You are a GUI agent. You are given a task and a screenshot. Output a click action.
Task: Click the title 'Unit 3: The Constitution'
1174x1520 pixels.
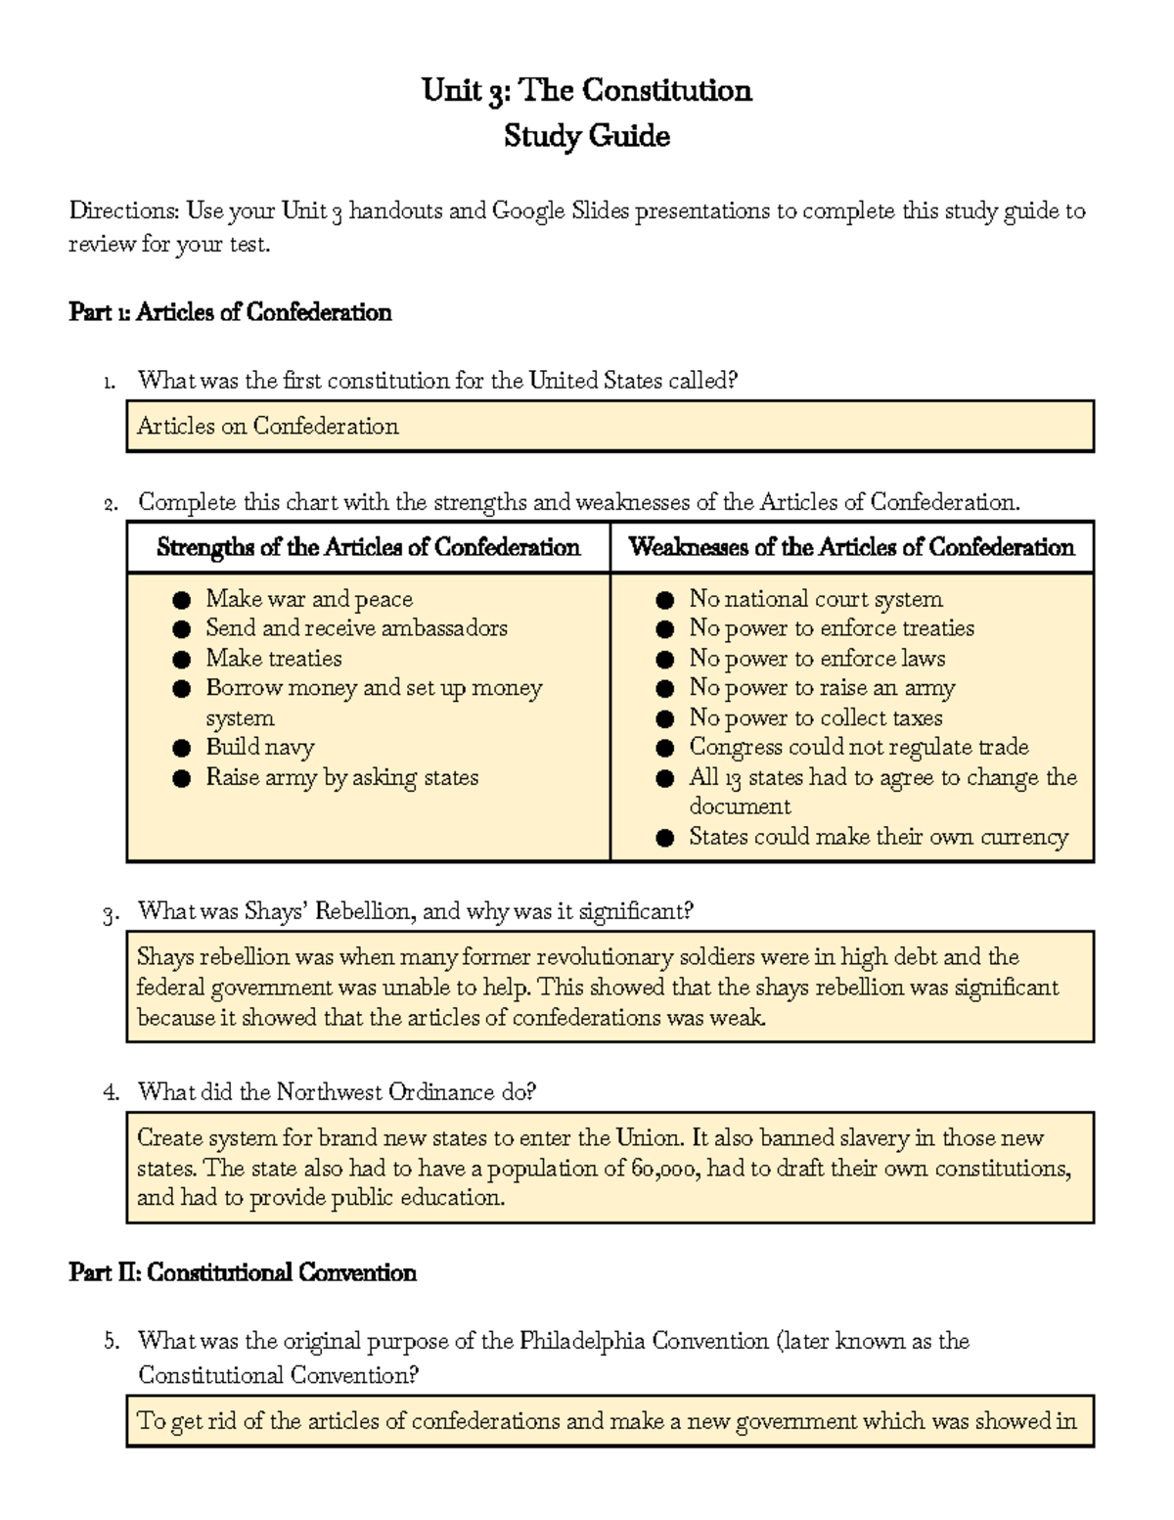coord(586,91)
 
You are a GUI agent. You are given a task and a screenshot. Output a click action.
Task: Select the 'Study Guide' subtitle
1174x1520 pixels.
coord(586,136)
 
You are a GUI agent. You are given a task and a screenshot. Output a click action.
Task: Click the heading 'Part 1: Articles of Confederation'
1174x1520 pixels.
coord(230,312)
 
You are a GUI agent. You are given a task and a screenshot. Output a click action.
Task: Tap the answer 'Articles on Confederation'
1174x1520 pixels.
coord(268,426)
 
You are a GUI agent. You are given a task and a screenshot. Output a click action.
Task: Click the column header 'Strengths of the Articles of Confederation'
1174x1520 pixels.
coord(368,547)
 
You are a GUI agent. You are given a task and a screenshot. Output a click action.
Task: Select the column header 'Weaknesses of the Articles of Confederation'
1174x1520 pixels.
coord(851,547)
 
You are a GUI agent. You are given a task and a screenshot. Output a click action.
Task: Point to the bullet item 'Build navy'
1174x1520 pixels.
coord(259,748)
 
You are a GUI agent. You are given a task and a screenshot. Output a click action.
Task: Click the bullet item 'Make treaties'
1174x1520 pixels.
coord(273,659)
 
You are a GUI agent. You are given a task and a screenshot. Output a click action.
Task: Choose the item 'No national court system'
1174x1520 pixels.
coord(815,599)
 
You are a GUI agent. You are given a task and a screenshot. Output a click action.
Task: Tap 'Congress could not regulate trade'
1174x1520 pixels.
coord(858,748)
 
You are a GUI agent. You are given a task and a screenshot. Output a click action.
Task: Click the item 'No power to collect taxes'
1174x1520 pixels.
coord(815,717)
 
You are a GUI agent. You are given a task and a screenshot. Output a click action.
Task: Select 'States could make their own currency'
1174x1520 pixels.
coord(878,837)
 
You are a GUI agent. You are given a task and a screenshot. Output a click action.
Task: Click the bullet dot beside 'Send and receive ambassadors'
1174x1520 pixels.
coord(181,629)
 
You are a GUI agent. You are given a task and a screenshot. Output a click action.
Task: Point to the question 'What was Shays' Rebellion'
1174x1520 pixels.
coord(415,911)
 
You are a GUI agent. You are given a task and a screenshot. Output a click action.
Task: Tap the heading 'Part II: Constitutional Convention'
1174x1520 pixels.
coord(243,1272)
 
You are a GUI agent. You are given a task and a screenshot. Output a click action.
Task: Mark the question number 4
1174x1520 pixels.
coord(111,1092)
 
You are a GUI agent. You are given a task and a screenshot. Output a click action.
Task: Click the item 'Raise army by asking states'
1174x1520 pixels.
coord(341,778)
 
